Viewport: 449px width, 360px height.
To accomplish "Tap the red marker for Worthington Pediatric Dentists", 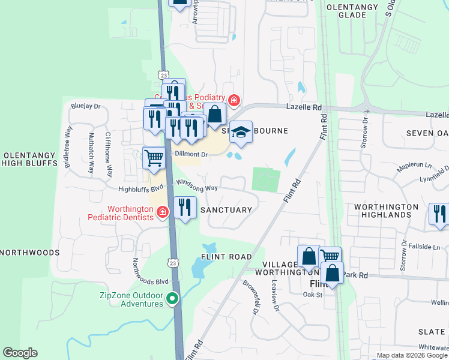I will [x=162, y=212].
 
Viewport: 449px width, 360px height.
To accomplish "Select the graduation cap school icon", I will [x=241, y=133].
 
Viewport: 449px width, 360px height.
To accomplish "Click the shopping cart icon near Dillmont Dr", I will [x=154, y=158].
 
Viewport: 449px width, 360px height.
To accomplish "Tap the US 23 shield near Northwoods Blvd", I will [x=173, y=263].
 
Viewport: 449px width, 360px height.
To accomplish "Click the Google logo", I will [x=20, y=353].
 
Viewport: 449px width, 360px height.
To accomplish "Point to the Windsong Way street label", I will [x=196, y=188].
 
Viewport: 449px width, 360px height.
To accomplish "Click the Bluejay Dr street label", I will [x=84, y=104].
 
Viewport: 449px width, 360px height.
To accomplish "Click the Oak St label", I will [x=312, y=294].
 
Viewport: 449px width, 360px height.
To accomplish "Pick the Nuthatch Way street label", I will [x=91, y=152].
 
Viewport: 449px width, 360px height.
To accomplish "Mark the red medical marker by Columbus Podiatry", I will [x=234, y=100].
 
